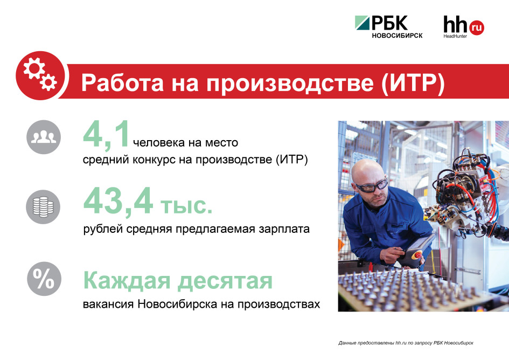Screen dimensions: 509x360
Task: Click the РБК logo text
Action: (389, 23)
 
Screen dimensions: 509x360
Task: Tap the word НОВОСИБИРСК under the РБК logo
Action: (397, 36)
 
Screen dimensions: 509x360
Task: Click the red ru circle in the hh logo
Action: (476, 27)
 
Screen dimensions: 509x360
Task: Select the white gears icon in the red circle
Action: (40, 74)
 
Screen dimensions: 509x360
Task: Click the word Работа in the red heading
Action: (123, 82)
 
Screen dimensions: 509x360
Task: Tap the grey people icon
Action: (44, 137)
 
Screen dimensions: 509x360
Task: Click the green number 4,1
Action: (107, 135)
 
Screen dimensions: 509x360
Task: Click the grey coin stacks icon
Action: (43, 207)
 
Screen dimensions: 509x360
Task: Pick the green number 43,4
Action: (118, 202)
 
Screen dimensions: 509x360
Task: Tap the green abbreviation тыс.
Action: (186, 205)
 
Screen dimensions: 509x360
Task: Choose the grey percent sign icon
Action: (44, 279)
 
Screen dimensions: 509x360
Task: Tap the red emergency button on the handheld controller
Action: (418, 255)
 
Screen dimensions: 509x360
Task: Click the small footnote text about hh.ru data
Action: (406, 343)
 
